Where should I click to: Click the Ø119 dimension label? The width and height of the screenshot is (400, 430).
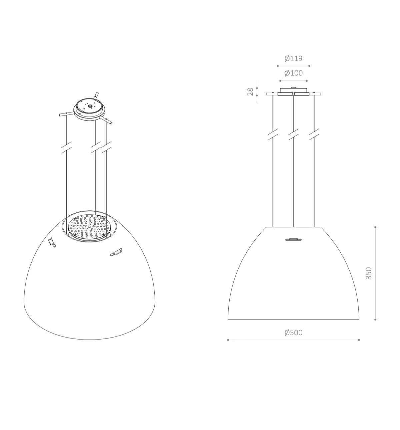[293, 58]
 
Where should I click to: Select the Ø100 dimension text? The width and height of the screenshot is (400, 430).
[293, 73]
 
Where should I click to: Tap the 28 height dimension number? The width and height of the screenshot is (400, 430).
[250, 91]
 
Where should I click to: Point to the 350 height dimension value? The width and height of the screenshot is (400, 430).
[368, 273]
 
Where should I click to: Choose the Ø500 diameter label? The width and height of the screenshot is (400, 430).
[293, 333]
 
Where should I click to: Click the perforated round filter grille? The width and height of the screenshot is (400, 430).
[89, 227]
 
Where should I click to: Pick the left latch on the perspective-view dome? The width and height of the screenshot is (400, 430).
[52, 242]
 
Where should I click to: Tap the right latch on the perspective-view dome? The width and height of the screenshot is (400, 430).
[116, 253]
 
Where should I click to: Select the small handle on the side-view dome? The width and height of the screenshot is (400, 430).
[293, 239]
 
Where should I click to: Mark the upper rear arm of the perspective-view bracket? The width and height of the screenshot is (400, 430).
[96, 96]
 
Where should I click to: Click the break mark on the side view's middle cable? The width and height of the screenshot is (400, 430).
[293, 134]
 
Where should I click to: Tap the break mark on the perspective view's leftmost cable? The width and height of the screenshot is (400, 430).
[67, 148]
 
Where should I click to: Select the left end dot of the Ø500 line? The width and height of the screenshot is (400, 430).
[228, 340]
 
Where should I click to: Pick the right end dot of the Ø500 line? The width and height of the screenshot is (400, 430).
[359, 340]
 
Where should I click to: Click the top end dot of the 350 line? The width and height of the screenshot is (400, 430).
[375, 227]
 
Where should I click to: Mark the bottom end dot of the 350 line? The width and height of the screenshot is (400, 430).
[375, 319]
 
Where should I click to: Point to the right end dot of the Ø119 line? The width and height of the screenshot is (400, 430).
[309, 66]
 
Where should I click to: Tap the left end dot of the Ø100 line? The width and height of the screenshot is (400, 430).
[280, 81]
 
